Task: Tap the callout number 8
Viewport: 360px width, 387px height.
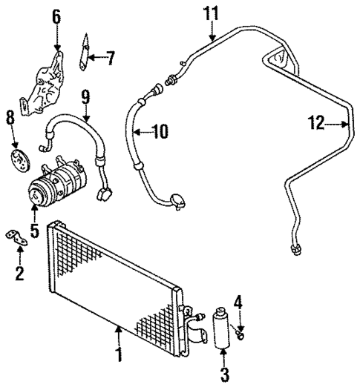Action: [10, 117]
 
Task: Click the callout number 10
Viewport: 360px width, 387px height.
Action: [160, 133]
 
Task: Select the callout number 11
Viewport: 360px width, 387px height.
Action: [212, 13]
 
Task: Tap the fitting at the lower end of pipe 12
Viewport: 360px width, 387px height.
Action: [295, 252]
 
